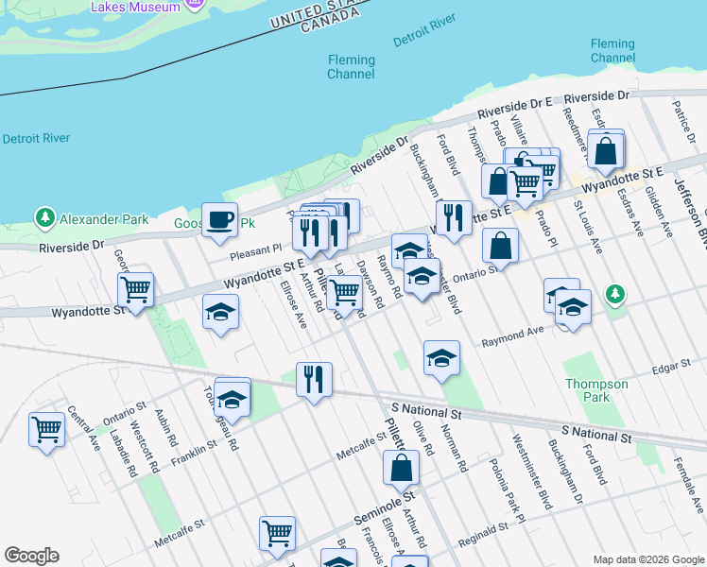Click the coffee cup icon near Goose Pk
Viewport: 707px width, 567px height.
[x=220, y=219]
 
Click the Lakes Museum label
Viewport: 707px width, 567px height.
[x=135, y=7]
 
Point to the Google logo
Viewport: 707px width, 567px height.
[x=31, y=556]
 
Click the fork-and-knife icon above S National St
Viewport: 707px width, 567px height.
[x=313, y=379]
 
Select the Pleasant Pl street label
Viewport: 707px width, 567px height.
[x=257, y=249]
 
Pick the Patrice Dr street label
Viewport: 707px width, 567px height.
[x=681, y=119]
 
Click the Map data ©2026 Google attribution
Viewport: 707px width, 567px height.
[x=648, y=559]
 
